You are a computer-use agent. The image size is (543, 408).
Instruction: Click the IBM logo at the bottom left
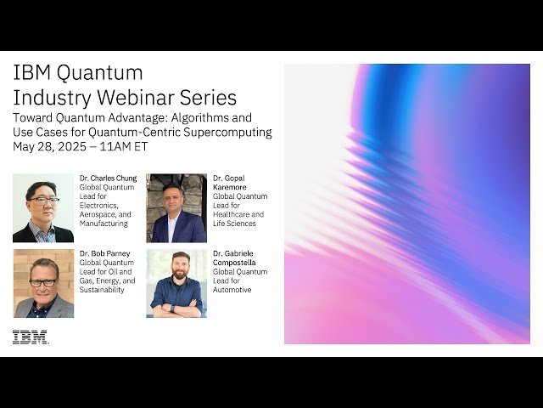[x=31, y=337]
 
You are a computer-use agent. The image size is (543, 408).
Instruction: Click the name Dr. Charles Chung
[x=108, y=178]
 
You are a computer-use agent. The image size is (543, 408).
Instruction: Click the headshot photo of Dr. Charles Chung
[x=43, y=208]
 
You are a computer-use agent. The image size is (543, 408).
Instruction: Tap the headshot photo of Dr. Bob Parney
[x=43, y=283]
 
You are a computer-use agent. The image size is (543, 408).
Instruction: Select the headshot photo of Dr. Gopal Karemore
[x=176, y=208]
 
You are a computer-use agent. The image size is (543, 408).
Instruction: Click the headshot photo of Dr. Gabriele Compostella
[x=176, y=283]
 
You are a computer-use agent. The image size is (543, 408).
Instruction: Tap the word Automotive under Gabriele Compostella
[x=232, y=290]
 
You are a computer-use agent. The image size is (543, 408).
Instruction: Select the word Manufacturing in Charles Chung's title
[x=104, y=224]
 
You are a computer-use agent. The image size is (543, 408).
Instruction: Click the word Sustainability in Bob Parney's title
[x=102, y=290]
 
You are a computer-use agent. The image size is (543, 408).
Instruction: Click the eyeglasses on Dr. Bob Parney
[x=43, y=281]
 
